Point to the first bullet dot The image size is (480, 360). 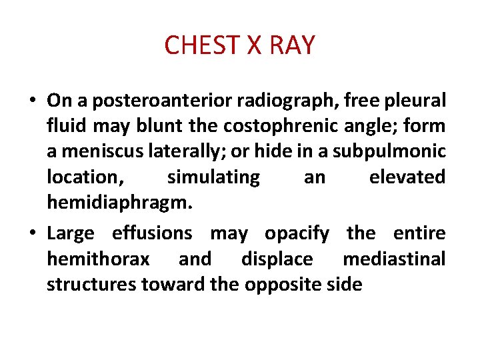pyautogui.click(x=33, y=101)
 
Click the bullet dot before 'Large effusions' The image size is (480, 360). pyautogui.click(x=33, y=234)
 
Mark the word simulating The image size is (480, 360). pyautogui.click(x=213, y=177)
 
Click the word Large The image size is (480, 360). pyautogui.click(x=71, y=234)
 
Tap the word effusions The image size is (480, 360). pyautogui.click(x=151, y=233)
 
